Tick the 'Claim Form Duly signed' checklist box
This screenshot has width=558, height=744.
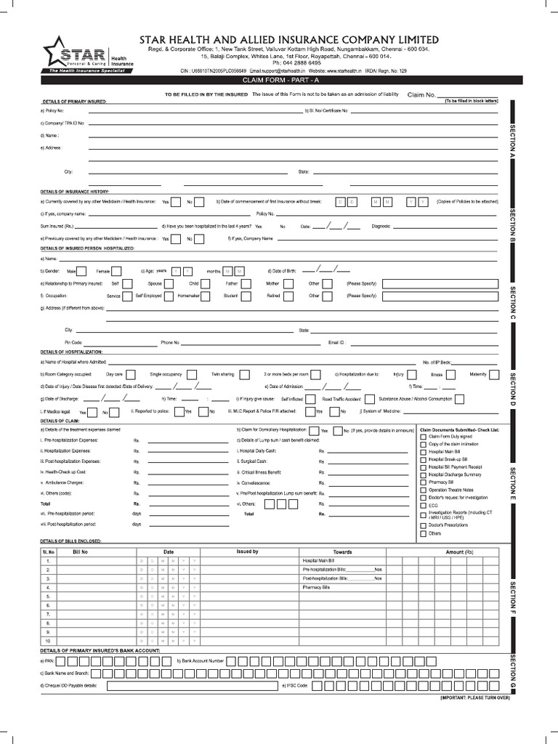pyautogui.click(x=424, y=437)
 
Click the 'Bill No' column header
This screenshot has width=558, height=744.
pyautogui.click(x=81, y=552)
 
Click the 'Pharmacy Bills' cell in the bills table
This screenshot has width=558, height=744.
pyautogui.click(x=316, y=586)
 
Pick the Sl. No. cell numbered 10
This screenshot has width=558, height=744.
pyautogui.click(x=48, y=641)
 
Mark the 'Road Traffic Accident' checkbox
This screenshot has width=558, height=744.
pyautogui.click(x=370, y=399)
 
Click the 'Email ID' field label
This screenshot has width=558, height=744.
pyautogui.click(x=336, y=341)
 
